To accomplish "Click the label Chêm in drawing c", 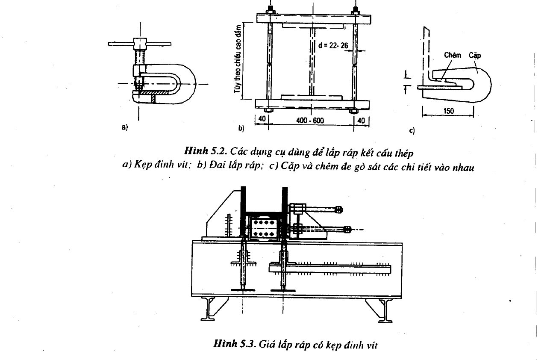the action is click(x=453, y=55).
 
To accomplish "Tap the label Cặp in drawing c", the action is click(x=475, y=56).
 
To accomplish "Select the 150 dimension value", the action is click(x=448, y=111).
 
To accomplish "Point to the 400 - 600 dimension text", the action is click(x=310, y=121).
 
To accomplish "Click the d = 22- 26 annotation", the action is click(x=333, y=45).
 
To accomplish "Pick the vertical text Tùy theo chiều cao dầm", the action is click(x=237, y=59).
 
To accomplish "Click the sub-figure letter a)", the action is click(x=125, y=127).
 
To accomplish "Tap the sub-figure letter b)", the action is click(x=241, y=128).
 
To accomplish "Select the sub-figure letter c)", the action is click(x=412, y=131).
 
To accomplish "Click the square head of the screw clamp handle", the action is click(x=140, y=44).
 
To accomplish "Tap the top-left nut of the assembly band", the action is click(x=271, y=12).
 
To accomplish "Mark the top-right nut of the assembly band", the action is click(x=355, y=12).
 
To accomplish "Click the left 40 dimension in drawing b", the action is click(x=262, y=119).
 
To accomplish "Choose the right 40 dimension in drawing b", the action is click(x=361, y=121).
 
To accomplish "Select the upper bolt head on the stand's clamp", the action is click(x=339, y=210).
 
